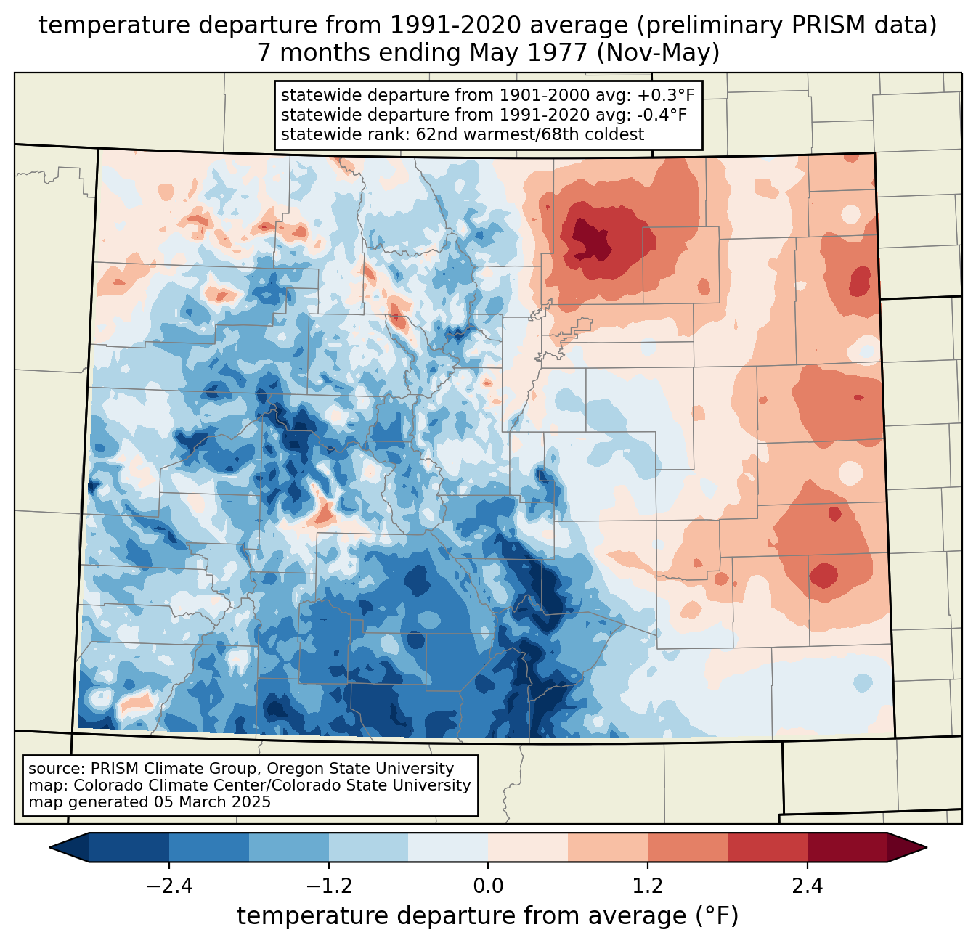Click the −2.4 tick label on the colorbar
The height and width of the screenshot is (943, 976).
click(169, 886)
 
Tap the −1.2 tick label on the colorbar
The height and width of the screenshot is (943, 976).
click(329, 886)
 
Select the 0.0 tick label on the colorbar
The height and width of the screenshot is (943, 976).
click(488, 886)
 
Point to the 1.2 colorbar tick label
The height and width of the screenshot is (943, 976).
click(648, 886)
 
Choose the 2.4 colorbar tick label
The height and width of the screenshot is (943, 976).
click(808, 886)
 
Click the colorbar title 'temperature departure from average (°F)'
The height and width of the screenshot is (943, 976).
click(488, 916)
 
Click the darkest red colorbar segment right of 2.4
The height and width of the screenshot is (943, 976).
click(847, 847)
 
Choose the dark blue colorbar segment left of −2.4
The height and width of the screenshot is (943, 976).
click(129, 847)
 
